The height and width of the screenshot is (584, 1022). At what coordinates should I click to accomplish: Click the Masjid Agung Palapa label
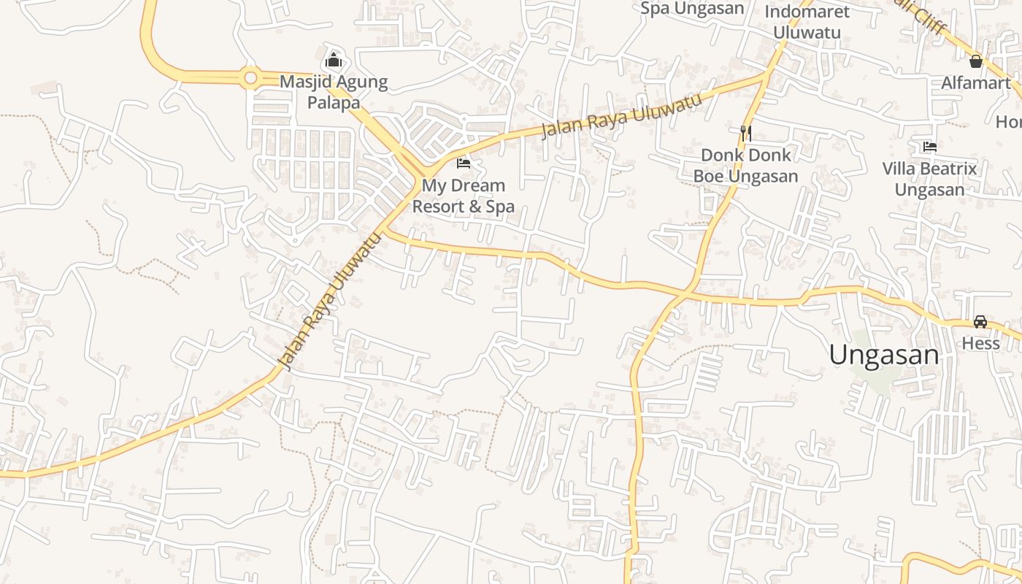[334, 92]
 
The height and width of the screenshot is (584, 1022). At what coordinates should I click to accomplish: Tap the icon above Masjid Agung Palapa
[334, 59]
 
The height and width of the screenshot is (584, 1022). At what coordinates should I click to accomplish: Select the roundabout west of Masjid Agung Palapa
[250, 77]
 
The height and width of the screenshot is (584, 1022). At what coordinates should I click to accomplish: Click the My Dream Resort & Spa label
[463, 196]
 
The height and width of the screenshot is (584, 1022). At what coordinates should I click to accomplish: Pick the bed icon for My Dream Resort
[463, 163]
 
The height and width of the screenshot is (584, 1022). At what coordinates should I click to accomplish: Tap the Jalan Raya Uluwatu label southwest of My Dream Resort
[331, 301]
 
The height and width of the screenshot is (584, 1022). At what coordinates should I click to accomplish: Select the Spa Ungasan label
[692, 9]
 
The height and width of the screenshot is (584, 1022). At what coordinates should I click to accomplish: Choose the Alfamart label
[975, 82]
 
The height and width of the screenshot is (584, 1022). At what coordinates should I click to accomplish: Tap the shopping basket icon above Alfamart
[975, 61]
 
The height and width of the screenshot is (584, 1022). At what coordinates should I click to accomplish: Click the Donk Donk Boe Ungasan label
[745, 166]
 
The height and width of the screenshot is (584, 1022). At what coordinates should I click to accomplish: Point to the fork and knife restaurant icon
[745, 133]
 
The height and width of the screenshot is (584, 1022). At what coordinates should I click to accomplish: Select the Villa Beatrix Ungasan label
[929, 180]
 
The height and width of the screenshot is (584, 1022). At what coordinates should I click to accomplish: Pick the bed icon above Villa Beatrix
[929, 147]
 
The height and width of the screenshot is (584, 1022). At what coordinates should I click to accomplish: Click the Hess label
[980, 343]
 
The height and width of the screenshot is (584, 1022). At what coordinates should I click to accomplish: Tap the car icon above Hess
[980, 322]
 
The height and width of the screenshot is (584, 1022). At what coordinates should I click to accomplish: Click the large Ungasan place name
[883, 355]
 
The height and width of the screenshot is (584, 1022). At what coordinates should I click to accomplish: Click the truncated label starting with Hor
[1008, 122]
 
